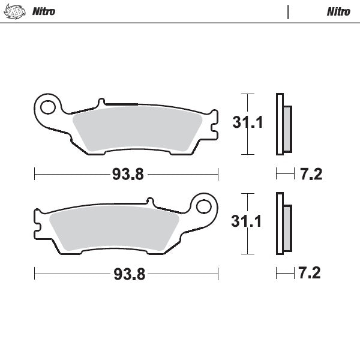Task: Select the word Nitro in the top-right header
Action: (339, 11)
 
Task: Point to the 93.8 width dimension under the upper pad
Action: (127, 175)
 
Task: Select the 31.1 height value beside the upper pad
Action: (248, 123)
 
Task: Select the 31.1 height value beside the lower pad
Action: (248, 222)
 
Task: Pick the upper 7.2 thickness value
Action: (310, 175)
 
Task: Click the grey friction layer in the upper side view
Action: (287, 128)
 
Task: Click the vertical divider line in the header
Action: (289, 11)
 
